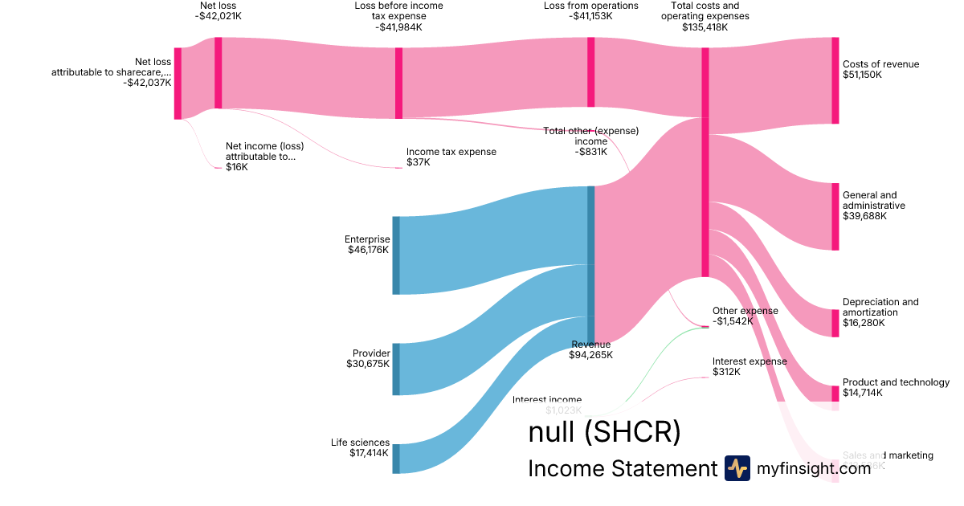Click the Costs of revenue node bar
coord(835,80)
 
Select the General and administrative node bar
coord(835,216)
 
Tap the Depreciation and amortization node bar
coord(835,323)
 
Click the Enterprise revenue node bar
coord(395,255)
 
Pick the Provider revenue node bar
coord(395,369)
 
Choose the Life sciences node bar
coord(395,459)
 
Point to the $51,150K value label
coord(862,75)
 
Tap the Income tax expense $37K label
coord(451,157)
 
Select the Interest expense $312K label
coord(750,366)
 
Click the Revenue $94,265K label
coord(590,349)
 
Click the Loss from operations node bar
coord(590,71)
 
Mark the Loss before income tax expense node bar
coord(398,83)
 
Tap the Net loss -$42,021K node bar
coord(218,72)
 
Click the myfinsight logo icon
coord(737,468)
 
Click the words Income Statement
coord(622,468)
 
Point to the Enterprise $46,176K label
coord(367,244)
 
